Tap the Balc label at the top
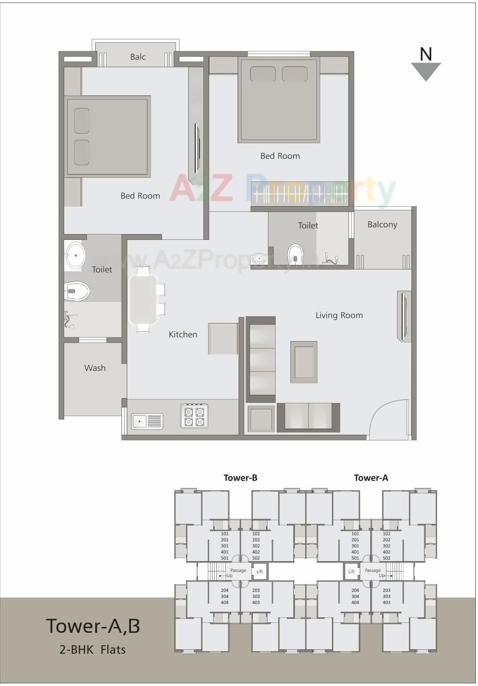[x=138, y=57]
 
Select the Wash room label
[x=95, y=368]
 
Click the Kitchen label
[x=183, y=334]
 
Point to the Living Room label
[x=339, y=315]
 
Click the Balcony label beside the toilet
[x=382, y=224]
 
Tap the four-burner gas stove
[x=194, y=416]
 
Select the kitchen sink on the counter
[x=147, y=421]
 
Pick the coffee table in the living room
[x=304, y=362]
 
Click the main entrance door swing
[x=388, y=419]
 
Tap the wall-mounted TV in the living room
[x=403, y=316]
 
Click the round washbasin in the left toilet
[x=75, y=256]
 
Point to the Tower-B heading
[x=240, y=477]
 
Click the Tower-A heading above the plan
[x=371, y=477]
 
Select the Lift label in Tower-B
[x=260, y=572]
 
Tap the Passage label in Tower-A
[x=372, y=570]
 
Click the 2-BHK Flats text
[x=92, y=650]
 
